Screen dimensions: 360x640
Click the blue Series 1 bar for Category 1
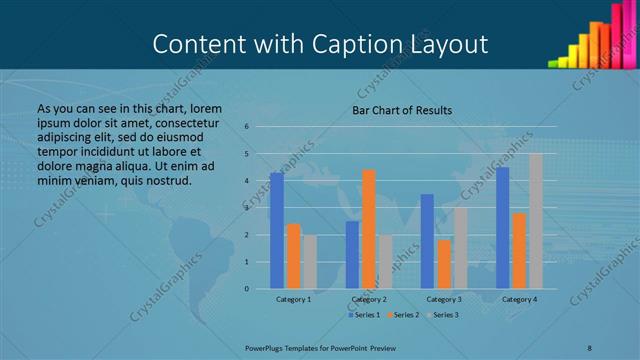277,231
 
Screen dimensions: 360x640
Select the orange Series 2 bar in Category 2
368,229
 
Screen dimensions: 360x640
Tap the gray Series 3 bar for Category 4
536,221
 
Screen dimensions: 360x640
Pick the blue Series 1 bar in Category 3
427,241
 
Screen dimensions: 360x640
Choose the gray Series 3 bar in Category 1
310,262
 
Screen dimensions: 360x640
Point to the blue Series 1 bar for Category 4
502,228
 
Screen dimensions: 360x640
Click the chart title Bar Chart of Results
402,110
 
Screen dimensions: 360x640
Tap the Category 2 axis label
369,299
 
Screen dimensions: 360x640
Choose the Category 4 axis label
519,299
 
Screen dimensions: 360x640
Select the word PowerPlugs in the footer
267,347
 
